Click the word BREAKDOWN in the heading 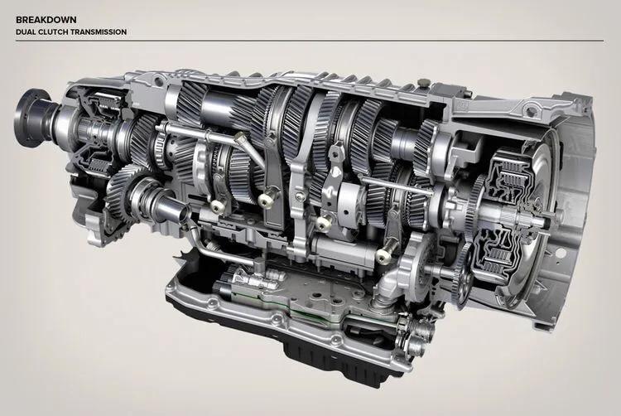click(46, 19)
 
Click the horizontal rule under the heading click(310, 41)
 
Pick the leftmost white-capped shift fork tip click(216, 206)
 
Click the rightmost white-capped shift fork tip click(383, 257)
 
